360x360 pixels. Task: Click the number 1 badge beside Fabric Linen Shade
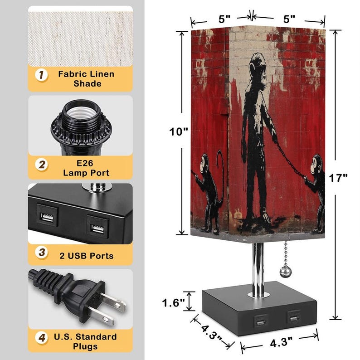[x=42, y=75]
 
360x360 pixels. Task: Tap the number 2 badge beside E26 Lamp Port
[x=42, y=165]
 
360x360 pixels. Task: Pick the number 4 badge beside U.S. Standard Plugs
[x=42, y=338]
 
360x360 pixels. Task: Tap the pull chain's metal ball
[x=285, y=272]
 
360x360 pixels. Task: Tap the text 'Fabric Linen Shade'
[x=86, y=79]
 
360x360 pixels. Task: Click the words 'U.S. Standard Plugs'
[x=86, y=341]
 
